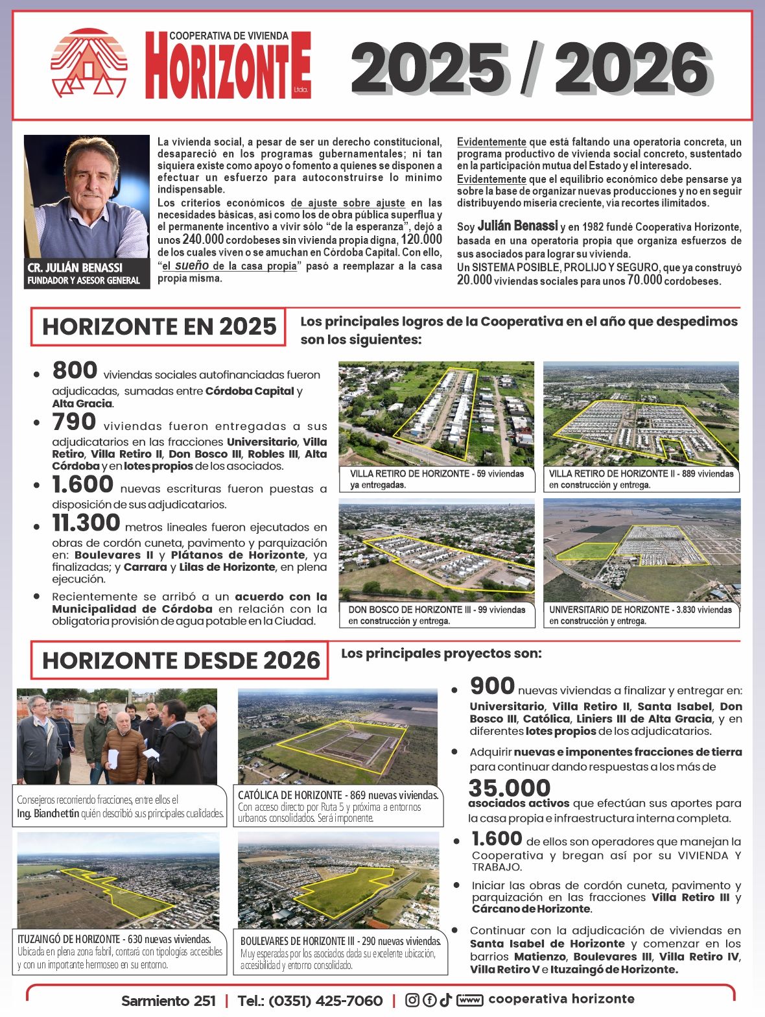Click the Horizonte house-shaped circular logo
[89, 63]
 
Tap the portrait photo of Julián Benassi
[87, 197]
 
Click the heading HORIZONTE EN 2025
[159, 326]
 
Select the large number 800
[75, 370]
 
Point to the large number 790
[74, 422]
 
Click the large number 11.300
[86, 523]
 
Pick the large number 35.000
[510, 787]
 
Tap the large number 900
[492, 686]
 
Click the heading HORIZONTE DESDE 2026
[180, 660]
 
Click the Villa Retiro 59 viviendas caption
[436, 479]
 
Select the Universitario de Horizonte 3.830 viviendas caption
[641, 615]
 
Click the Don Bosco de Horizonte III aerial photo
[436, 551]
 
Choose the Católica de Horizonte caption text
[338, 806]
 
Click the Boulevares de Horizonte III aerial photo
[338, 880]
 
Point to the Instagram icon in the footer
[412, 1000]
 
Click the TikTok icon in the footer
[445, 1000]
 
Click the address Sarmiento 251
[168, 1001]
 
